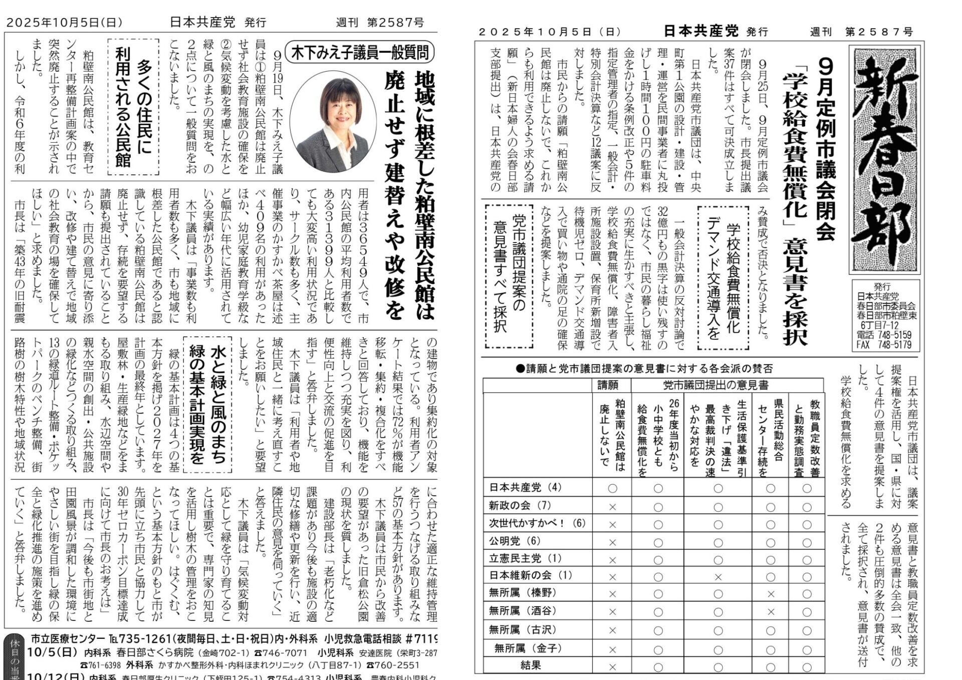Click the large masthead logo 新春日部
click(884, 159)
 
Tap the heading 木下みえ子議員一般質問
click(359, 53)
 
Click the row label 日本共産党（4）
click(519, 487)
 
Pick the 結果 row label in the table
click(531, 665)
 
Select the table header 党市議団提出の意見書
click(715, 385)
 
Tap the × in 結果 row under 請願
click(612, 667)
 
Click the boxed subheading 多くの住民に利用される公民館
click(133, 107)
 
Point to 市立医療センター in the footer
click(68, 639)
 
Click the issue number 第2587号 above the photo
click(395, 23)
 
